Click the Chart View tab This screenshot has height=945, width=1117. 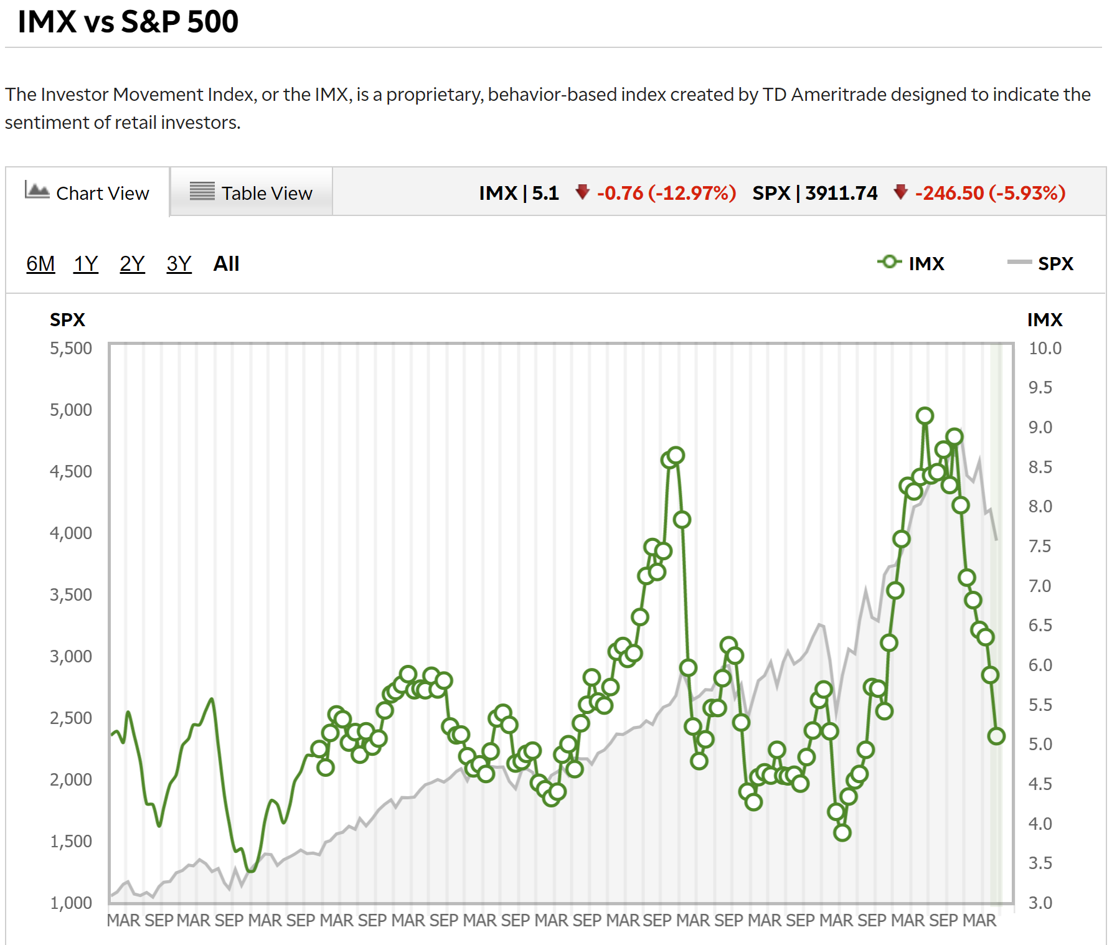(88, 193)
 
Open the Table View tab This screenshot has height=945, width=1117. (251, 193)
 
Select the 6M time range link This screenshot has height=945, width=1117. (40, 264)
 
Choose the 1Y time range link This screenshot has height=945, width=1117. (86, 264)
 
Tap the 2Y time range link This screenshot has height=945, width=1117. (132, 264)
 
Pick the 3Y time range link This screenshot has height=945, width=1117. (179, 264)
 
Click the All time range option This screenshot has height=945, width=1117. (226, 264)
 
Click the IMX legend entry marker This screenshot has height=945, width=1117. (890, 262)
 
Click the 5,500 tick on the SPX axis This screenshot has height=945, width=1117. (71, 348)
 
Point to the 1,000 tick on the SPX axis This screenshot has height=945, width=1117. (71, 903)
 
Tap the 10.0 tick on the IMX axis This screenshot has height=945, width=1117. (1045, 348)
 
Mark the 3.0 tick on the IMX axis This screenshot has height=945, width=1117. (1040, 903)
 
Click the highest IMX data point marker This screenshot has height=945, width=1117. (925, 416)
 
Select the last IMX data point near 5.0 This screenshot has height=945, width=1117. (996, 736)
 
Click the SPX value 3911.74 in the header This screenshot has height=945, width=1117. (841, 193)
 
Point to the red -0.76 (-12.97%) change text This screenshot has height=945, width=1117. (666, 193)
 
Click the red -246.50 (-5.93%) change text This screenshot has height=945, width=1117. (990, 193)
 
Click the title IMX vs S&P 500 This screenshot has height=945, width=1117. (128, 22)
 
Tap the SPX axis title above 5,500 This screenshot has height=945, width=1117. (67, 319)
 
